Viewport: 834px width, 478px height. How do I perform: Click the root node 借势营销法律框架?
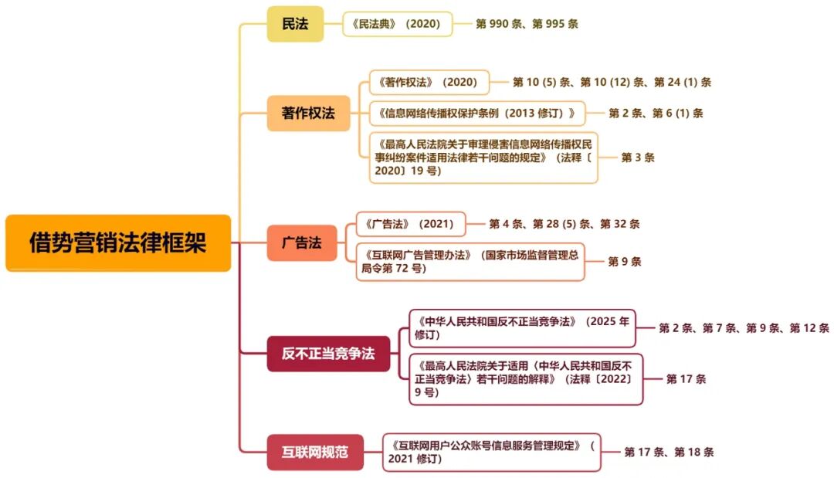coord(118,243)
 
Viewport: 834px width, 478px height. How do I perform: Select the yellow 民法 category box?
coord(295,24)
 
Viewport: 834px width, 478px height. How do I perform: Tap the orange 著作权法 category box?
coord(308,113)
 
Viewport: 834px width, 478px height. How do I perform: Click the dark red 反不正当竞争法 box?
coord(328,354)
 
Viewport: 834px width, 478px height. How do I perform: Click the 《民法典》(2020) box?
coord(396,24)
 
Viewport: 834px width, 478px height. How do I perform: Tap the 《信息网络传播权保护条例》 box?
coord(477,113)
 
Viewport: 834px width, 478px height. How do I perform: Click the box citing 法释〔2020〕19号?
coord(483,158)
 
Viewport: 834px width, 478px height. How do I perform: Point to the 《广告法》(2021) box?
coord(410,224)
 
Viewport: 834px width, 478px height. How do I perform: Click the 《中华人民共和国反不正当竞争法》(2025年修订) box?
coord(522,327)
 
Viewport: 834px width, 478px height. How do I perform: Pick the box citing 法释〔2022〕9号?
coord(526,378)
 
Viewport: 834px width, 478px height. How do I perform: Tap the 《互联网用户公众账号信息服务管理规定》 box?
coord(491,452)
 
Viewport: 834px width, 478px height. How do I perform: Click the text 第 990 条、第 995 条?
coord(527,24)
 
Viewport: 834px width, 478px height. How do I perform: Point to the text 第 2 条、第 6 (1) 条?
coord(656,113)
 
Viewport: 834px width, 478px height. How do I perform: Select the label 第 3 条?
coord(638,158)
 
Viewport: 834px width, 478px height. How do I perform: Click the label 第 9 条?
coord(624,261)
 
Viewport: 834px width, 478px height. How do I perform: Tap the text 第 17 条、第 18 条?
coord(669,452)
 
